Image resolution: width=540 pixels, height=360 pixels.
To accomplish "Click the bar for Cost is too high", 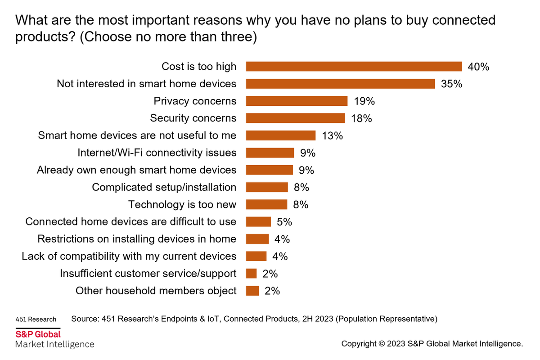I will click(x=354, y=67).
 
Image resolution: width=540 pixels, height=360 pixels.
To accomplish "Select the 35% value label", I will click(x=451, y=84).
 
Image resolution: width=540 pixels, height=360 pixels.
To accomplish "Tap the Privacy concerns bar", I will click(x=297, y=101).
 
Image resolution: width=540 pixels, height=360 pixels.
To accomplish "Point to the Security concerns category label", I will click(x=193, y=118).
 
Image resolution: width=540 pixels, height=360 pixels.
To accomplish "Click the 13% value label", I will click(x=332, y=135).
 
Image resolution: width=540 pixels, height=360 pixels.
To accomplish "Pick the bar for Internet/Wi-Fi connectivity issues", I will click(x=270, y=153).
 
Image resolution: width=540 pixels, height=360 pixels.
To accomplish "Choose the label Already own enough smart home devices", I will click(x=136, y=170).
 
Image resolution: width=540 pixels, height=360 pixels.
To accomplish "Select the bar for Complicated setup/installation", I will click(x=267, y=187).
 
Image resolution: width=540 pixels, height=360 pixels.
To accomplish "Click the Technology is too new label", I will click(x=182, y=204).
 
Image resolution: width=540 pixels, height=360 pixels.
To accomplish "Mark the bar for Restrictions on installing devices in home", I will click(x=257, y=239).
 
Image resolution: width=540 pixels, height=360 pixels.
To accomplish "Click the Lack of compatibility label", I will click(x=129, y=256).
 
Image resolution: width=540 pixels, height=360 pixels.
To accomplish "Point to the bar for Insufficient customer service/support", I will click(x=252, y=274).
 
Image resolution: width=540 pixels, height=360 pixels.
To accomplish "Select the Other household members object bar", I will click(x=252, y=291).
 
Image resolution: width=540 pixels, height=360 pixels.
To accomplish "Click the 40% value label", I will click(x=478, y=67).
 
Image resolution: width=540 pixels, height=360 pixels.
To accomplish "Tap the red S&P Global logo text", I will click(x=38, y=335).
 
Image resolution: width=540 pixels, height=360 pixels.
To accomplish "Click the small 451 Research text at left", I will click(x=36, y=319).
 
